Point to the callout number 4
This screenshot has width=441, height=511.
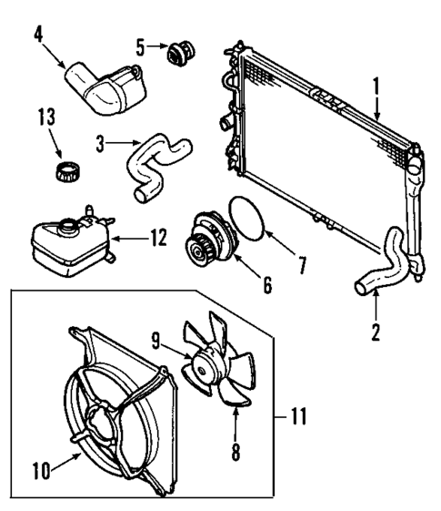38,36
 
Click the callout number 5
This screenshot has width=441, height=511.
140,44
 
